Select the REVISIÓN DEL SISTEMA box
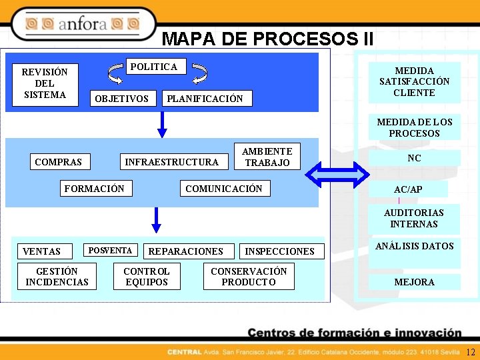[x=45, y=84]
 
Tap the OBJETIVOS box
[x=123, y=99]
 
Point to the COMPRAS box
[x=59, y=161]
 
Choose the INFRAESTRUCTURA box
[x=172, y=161]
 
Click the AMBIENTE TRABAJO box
[x=267, y=157]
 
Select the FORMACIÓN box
[x=95, y=189]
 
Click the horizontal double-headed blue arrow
[x=337, y=175]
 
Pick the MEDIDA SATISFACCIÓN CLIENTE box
[x=414, y=82]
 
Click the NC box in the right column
[x=414, y=159]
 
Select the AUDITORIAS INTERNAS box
[x=414, y=218]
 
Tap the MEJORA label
[x=414, y=282]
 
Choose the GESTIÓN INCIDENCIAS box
[x=57, y=277]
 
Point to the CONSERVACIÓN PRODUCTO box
[x=249, y=277]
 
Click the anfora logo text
[x=83, y=25]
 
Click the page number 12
[x=471, y=352]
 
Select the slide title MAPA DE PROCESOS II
[x=267, y=39]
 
